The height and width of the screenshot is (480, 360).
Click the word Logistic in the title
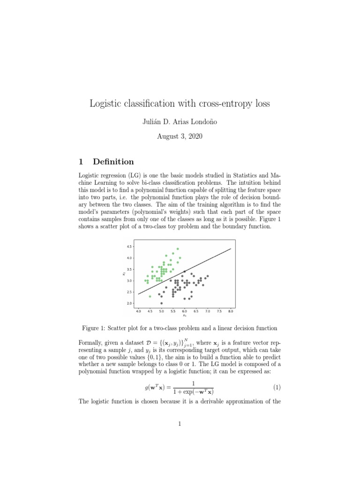point(107,104)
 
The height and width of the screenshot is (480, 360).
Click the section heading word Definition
point(113,162)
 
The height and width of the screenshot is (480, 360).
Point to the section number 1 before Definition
point(81,162)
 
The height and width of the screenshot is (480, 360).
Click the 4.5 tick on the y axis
point(129,247)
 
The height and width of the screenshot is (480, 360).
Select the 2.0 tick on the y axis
point(129,304)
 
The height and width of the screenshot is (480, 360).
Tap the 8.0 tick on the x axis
point(231,311)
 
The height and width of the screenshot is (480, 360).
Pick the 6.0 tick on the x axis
point(184,311)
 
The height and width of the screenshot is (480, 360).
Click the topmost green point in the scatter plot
point(178,249)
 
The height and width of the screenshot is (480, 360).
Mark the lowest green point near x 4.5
point(150,296)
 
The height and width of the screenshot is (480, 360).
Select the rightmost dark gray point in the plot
point(208,276)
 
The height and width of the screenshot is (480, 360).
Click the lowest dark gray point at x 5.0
point(162,303)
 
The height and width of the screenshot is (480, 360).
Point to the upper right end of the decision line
point(231,249)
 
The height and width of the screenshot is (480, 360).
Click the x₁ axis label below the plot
point(184,315)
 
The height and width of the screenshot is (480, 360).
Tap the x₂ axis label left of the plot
point(123,274)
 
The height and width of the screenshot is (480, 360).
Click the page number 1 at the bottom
point(180,424)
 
